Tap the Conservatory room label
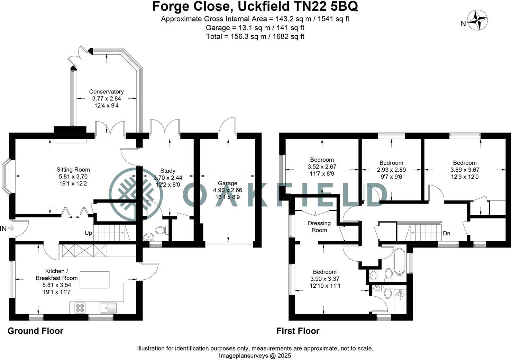(106, 92)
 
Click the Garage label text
(227, 183)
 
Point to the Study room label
(168, 171)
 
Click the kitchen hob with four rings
(80, 308)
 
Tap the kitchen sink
(108, 307)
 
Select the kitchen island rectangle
(95, 280)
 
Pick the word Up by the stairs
(88, 233)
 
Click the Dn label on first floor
(446, 233)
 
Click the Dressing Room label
(319, 226)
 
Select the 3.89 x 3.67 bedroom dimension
(465, 170)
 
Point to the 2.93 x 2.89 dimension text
(391, 170)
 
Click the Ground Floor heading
(35, 331)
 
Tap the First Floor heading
(298, 331)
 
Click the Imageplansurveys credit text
(255, 355)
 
